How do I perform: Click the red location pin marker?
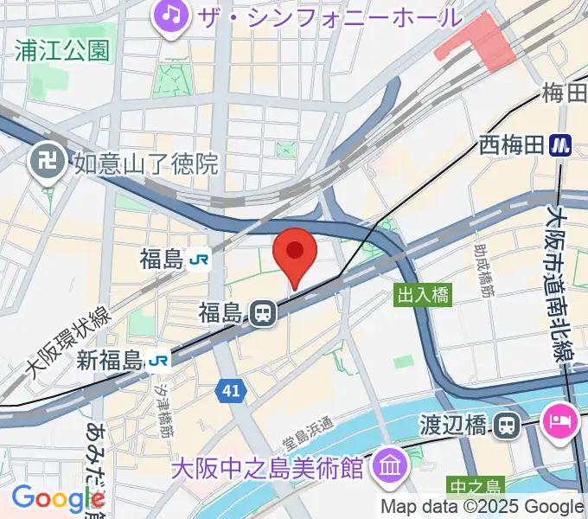pos(295,252)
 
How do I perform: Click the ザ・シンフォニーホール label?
pos(329,16)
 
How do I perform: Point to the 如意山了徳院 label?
pos(146,162)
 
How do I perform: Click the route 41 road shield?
pos(230,391)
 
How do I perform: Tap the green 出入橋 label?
pos(424,295)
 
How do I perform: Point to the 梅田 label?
pos(565,93)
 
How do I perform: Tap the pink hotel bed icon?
pos(557,421)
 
